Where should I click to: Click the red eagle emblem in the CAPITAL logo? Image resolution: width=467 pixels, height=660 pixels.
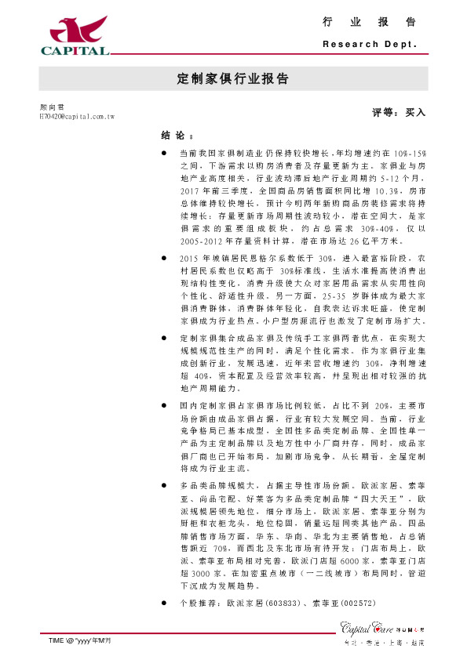(x=74, y=30)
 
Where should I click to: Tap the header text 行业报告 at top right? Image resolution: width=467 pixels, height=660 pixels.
(x=369, y=22)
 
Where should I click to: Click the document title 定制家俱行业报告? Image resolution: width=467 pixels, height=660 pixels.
(x=233, y=79)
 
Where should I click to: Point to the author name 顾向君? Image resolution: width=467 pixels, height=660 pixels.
(x=52, y=106)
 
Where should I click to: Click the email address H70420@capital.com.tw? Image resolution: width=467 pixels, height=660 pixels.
(x=77, y=116)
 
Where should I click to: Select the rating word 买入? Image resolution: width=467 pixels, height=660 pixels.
(x=415, y=113)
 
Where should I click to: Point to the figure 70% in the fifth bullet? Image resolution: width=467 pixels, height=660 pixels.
(x=221, y=549)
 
